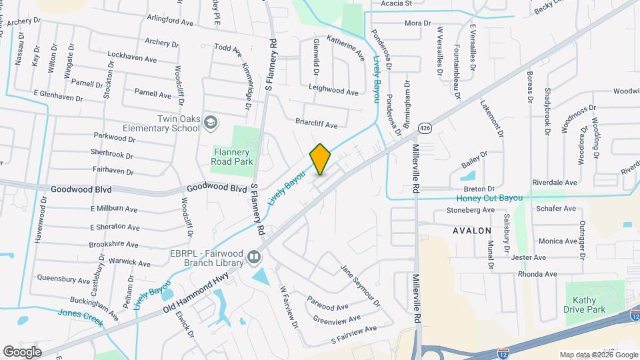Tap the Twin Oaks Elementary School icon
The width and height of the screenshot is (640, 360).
(211, 123)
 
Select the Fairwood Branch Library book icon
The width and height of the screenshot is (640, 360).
(253, 257)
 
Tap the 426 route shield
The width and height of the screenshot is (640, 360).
(424, 127)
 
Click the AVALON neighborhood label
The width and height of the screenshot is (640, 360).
(472, 231)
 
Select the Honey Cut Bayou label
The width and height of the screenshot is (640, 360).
(489, 199)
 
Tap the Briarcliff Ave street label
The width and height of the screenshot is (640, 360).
(317, 125)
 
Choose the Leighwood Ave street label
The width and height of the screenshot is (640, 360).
(334, 90)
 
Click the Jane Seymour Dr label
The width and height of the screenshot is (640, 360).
(360, 286)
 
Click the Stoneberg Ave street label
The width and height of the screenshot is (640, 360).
(471, 210)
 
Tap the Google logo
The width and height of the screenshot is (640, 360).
(22, 352)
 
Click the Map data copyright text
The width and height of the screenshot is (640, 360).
(598, 355)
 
